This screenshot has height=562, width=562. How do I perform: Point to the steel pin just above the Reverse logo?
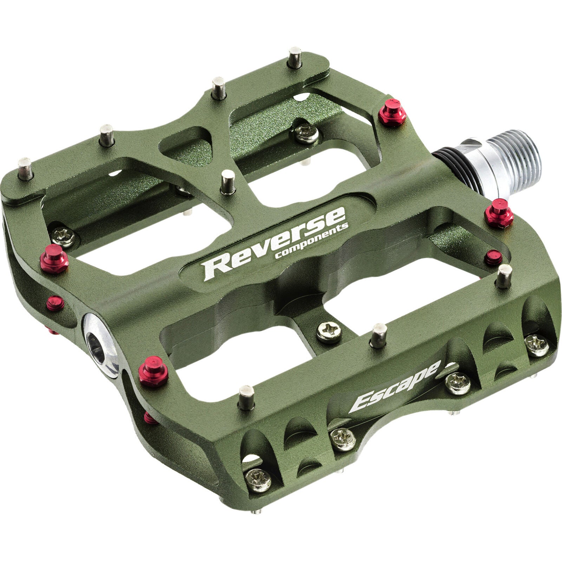click(x=228, y=181)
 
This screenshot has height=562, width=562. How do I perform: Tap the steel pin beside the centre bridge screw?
click(x=379, y=335)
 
